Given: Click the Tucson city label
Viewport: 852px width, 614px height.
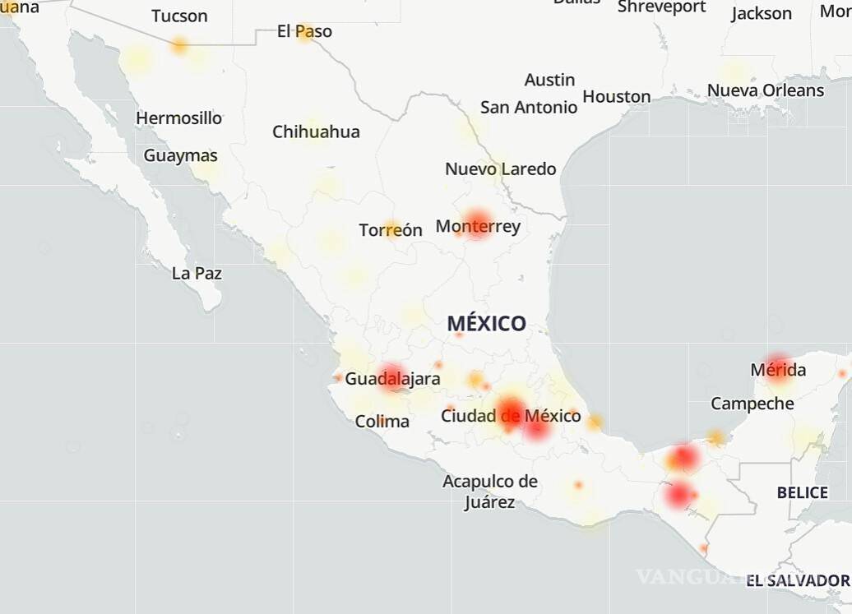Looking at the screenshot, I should click(x=179, y=16).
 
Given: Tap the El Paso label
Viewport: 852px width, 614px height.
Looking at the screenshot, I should click(x=304, y=31).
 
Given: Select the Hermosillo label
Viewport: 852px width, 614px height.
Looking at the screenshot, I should click(x=178, y=118).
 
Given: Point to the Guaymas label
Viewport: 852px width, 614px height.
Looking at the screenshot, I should click(x=181, y=155).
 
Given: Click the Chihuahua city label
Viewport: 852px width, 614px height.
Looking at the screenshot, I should click(x=316, y=132).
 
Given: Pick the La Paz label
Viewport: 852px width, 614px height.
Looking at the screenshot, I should click(x=197, y=273).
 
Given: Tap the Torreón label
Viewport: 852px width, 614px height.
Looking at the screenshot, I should click(x=391, y=230).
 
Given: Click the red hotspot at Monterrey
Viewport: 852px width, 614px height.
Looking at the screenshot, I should click(x=477, y=223).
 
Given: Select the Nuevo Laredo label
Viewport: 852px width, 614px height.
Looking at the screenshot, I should click(x=500, y=169).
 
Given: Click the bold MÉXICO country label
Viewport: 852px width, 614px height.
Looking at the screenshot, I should click(x=486, y=323).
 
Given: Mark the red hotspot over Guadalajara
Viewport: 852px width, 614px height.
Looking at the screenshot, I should click(x=392, y=376).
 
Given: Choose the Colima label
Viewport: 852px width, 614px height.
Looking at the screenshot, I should click(x=382, y=422).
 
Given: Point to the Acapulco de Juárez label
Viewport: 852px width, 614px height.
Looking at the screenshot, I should click(x=490, y=492).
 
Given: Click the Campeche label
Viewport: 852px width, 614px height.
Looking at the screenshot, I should click(x=752, y=404).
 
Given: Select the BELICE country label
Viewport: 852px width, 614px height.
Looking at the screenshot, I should click(x=802, y=492).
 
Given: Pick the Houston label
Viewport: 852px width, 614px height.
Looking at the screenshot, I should click(x=616, y=97).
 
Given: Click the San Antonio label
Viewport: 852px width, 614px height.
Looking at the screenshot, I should click(x=529, y=107).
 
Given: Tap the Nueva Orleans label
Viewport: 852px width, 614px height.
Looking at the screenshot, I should click(x=765, y=90).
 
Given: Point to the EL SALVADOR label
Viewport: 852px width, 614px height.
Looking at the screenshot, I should click(x=797, y=581).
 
